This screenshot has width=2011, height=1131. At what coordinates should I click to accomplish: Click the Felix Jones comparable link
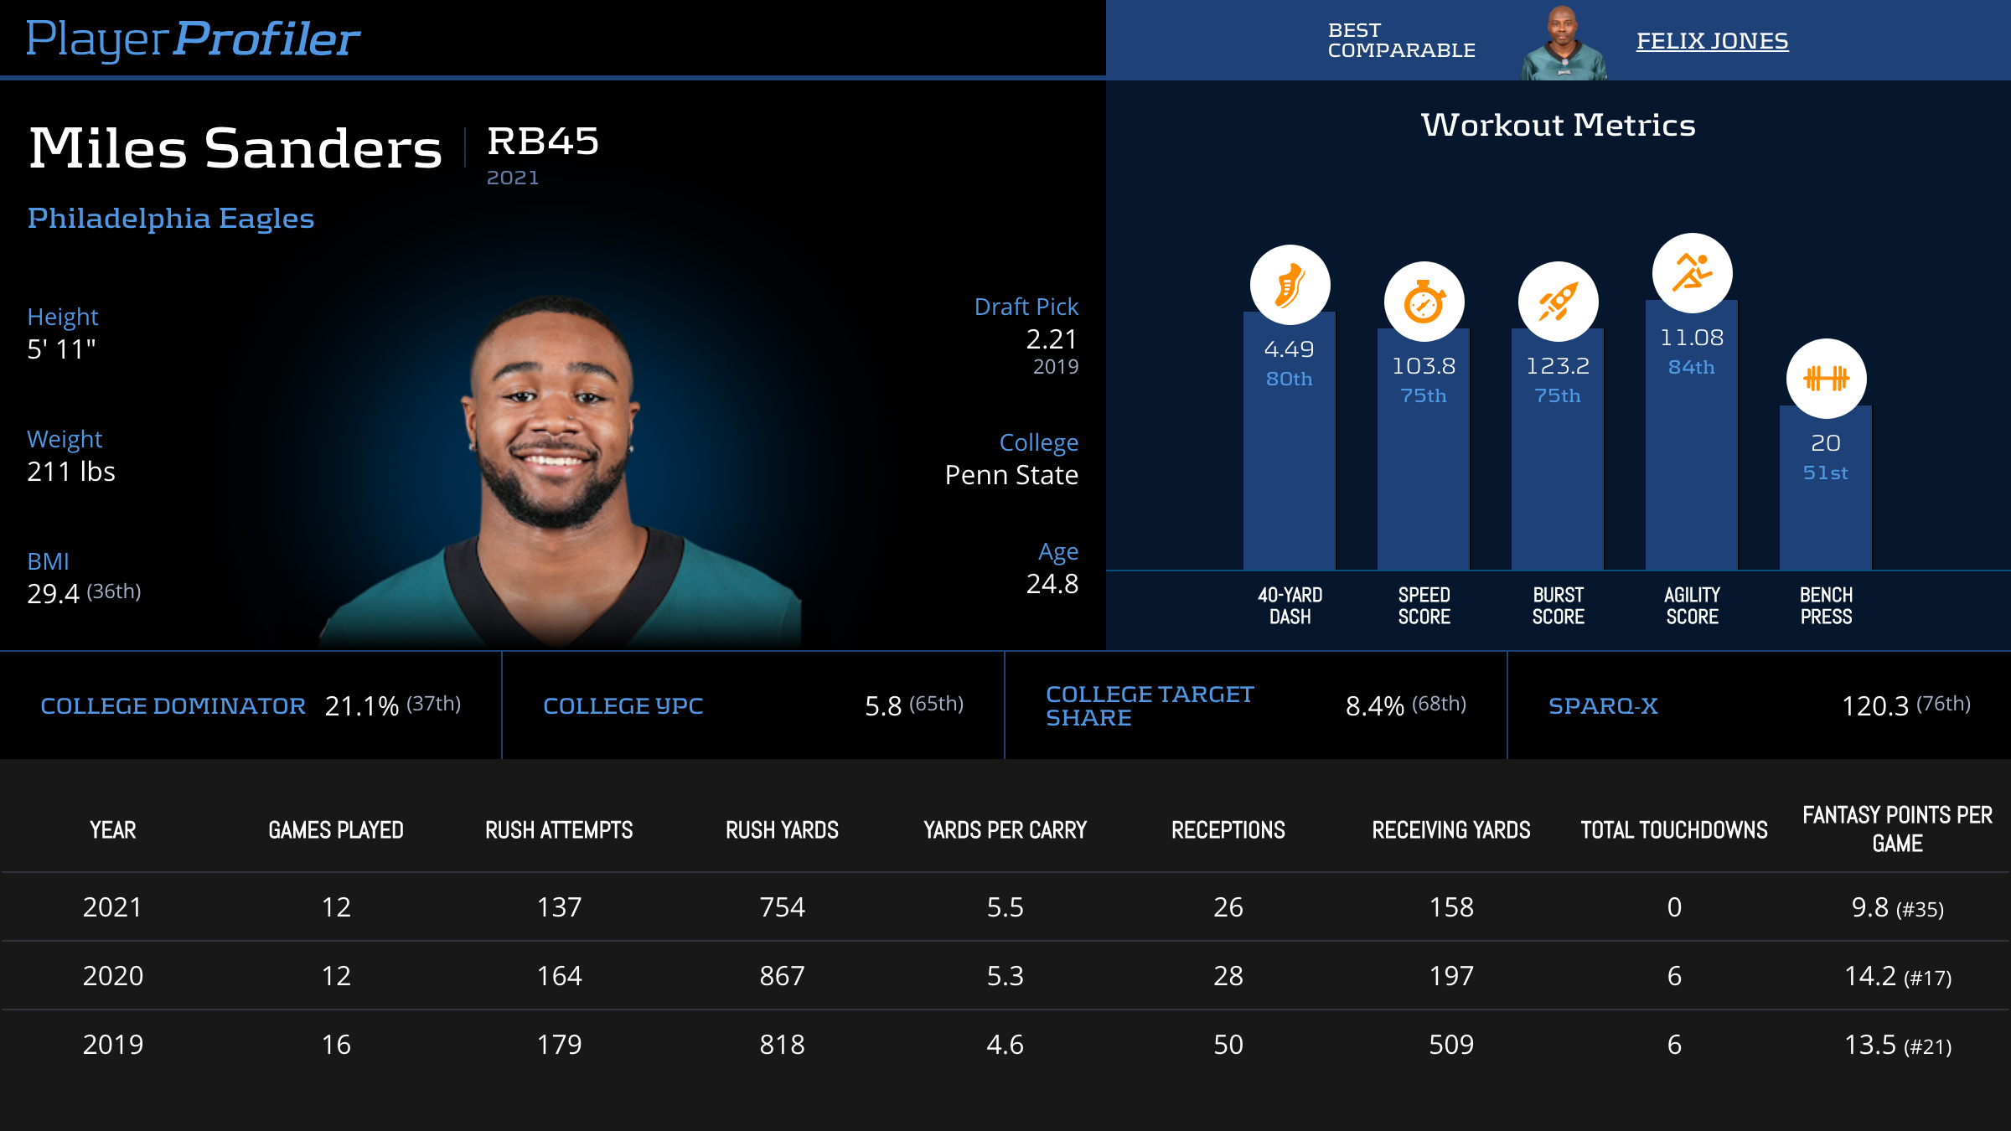1712,41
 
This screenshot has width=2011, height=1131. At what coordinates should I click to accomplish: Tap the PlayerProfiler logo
193,39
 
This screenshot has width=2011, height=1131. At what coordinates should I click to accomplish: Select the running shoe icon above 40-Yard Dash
1290,285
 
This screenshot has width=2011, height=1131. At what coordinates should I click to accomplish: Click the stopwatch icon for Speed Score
1424,302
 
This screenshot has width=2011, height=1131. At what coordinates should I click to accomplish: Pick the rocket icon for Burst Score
1558,302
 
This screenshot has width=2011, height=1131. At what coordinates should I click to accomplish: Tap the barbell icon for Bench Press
1826,379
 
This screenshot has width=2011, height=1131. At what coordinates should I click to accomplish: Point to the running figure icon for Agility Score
1692,273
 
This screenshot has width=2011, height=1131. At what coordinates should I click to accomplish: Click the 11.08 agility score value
1692,338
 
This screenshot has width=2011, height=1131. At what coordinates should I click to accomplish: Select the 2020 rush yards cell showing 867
782,976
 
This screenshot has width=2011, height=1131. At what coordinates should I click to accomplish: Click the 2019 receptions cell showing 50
1228,1045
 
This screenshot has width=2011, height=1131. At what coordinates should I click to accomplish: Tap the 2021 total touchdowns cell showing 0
1674,907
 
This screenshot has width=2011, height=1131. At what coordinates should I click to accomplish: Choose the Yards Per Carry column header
1005,830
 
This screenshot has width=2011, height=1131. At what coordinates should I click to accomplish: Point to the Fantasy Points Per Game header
1897,829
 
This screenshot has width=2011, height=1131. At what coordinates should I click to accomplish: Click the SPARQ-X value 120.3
1874,706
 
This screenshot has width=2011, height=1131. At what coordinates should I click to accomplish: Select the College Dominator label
173,706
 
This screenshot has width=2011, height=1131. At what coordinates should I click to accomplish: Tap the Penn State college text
1011,475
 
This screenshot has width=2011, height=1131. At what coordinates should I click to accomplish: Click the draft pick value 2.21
1052,339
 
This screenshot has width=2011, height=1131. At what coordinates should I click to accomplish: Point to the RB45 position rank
543,141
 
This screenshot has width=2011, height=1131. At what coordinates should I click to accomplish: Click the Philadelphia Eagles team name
171,219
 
